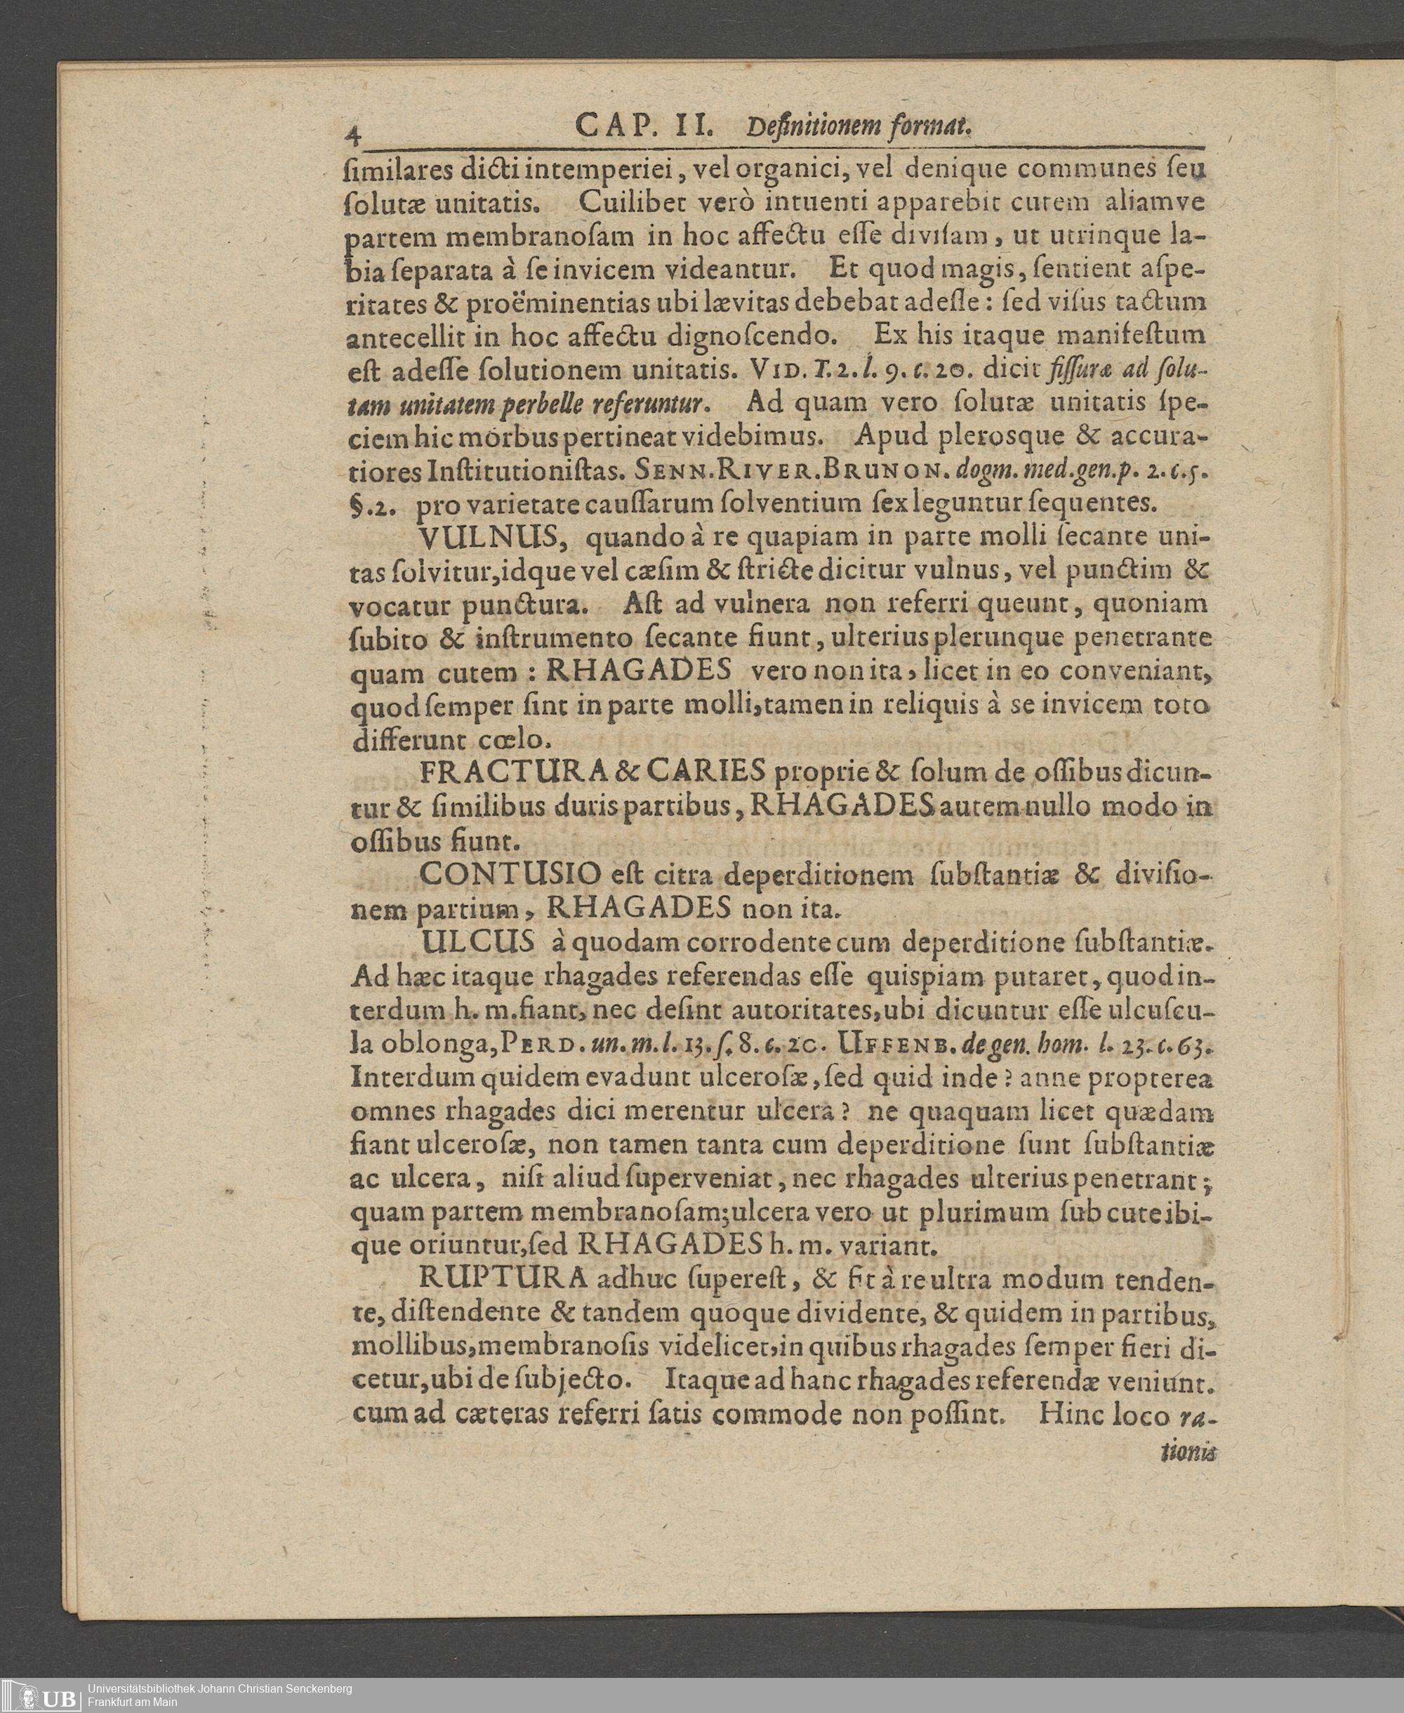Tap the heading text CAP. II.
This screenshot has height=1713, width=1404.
point(642,126)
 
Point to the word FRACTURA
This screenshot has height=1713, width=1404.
point(515,772)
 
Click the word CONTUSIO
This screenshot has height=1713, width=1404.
point(511,874)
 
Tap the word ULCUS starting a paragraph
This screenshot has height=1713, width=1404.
point(477,942)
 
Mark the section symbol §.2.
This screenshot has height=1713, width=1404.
point(372,503)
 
